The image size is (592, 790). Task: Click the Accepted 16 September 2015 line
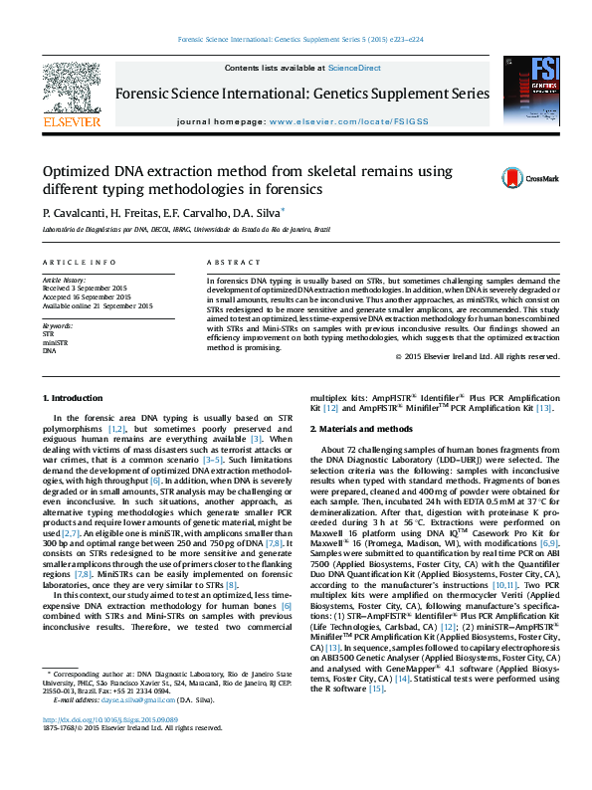click(x=87, y=296)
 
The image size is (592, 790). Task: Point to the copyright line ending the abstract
click(x=478, y=356)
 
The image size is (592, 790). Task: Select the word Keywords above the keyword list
click(x=58, y=325)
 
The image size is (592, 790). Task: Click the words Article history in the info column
click(x=65, y=281)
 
